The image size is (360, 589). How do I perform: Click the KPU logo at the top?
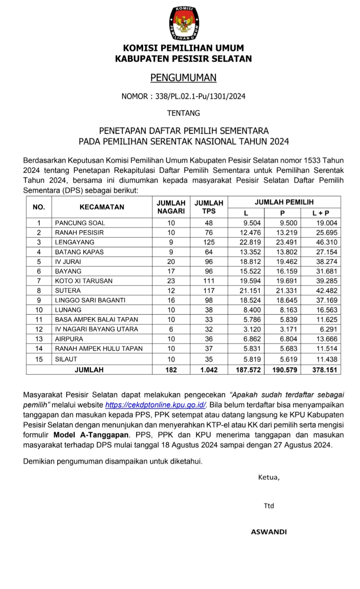click(184, 23)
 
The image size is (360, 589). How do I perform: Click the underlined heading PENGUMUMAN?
click(183, 78)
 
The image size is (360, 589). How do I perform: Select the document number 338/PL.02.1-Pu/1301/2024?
click(200, 96)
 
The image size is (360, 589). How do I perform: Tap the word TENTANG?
click(183, 113)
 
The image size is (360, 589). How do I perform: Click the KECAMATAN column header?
click(102, 207)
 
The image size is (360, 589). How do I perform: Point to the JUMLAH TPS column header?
click(209, 207)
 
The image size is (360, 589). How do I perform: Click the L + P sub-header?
click(321, 213)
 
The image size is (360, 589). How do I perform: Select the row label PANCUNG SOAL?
click(80, 223)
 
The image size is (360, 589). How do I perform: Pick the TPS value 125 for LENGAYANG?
click(209, 242)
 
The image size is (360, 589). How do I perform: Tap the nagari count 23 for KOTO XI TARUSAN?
click(171, 281)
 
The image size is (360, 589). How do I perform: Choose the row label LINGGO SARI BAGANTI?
click(90, 300)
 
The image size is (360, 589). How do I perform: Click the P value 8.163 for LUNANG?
click(286, 310)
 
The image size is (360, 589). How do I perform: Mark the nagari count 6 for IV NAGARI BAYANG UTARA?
click(171, 329)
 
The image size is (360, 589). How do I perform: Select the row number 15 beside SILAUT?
click(39, 359)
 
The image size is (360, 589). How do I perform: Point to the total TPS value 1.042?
click(209, 370)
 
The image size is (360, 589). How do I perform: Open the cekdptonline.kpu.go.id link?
click(156, 405)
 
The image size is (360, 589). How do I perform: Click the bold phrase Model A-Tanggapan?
click(91, 435)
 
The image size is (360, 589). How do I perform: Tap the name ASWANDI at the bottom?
click(269, 532)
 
